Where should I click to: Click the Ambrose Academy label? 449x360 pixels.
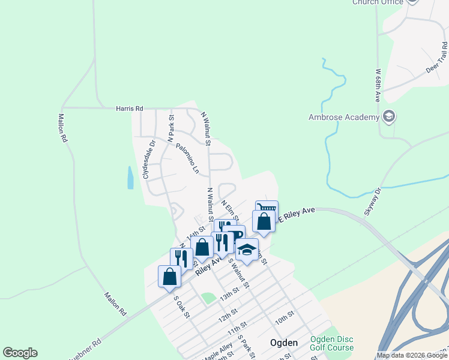[x=344, y=117]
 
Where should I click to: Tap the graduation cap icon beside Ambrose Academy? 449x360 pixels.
[x=388, y=116]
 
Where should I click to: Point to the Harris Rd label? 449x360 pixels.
[x=130, y=109]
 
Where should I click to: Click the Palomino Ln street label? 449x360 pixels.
[x=187, y=158]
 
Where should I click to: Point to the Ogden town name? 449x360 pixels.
[x=284, y=343]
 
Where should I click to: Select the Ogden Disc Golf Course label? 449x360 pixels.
[x=332, y=343]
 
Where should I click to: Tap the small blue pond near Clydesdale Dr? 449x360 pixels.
[x=130, y=177]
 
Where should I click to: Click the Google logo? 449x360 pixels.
[x=20, y=353]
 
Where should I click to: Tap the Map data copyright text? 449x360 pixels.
[x=412, y=355]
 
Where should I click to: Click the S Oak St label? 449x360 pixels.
[x=181, y=307]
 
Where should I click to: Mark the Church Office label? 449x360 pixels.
[x=377, y=2]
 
